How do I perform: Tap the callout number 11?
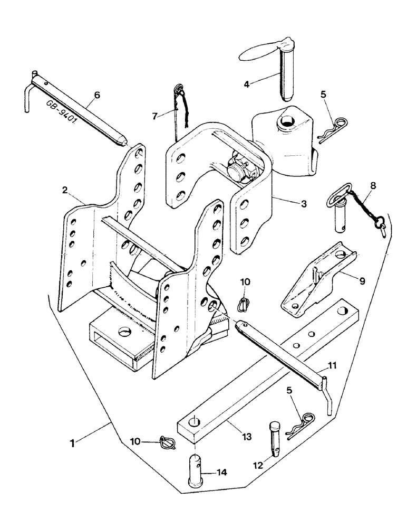(333, 365)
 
